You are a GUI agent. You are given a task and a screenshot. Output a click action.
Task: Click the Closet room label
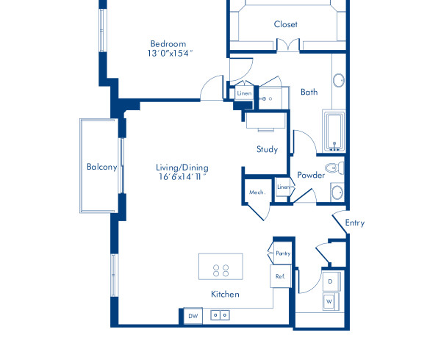(286, 24)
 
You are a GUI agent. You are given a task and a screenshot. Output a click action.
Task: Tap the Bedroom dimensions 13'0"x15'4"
(168, 53)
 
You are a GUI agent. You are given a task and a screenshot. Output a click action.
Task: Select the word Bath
(309, 92)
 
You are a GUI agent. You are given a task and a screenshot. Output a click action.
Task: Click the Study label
(267, 149)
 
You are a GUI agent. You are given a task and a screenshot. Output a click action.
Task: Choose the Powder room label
(311, 175)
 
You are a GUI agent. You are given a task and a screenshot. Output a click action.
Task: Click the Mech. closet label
(256, 192)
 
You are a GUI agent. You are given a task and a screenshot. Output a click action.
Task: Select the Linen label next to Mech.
(283, 187)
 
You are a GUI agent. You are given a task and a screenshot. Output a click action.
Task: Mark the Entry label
(354, 223)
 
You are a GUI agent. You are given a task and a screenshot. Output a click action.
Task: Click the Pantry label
(283, 253)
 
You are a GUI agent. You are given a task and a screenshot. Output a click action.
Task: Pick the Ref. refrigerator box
(280, 276)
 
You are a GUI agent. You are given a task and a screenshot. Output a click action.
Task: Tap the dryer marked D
(330, 281)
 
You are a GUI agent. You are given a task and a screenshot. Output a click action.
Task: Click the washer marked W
(330, 300)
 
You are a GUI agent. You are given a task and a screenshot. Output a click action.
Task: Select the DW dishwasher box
(193, 316)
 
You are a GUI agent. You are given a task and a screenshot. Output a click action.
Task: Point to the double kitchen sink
(220, 315)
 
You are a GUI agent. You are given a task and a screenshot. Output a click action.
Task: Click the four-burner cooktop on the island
(220, 266)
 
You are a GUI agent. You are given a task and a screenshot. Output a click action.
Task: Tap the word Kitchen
(225, 294)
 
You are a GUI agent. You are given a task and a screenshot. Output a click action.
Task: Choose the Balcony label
(101, 167)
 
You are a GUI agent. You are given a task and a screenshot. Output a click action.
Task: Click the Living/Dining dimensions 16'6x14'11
(182, 177)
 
